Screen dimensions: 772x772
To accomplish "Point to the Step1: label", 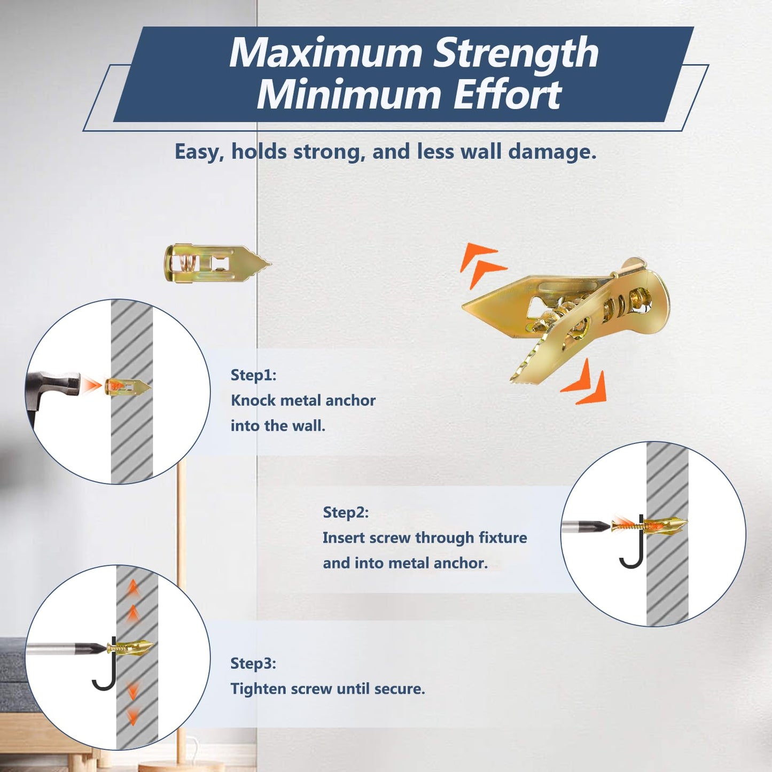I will pos(253,375).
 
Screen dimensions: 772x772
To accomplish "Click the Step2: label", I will pos(346,512).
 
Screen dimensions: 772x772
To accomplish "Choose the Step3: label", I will pos(253,664).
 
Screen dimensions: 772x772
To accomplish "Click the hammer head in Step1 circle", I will pos(59,385).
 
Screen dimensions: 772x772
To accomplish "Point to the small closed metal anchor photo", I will pos(216,262).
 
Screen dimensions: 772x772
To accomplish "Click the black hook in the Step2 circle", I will pos(634,550).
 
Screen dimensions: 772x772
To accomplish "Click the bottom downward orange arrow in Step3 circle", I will pos(132,716).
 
